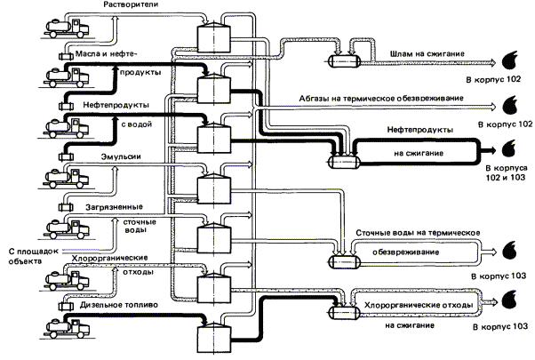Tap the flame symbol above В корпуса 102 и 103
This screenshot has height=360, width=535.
[511, 148]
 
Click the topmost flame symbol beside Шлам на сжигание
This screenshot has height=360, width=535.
[511, 59]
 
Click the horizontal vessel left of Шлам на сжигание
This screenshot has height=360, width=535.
[341, 60]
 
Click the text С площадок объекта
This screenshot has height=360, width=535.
[32, 257]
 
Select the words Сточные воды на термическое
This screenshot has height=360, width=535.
[418, 233]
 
